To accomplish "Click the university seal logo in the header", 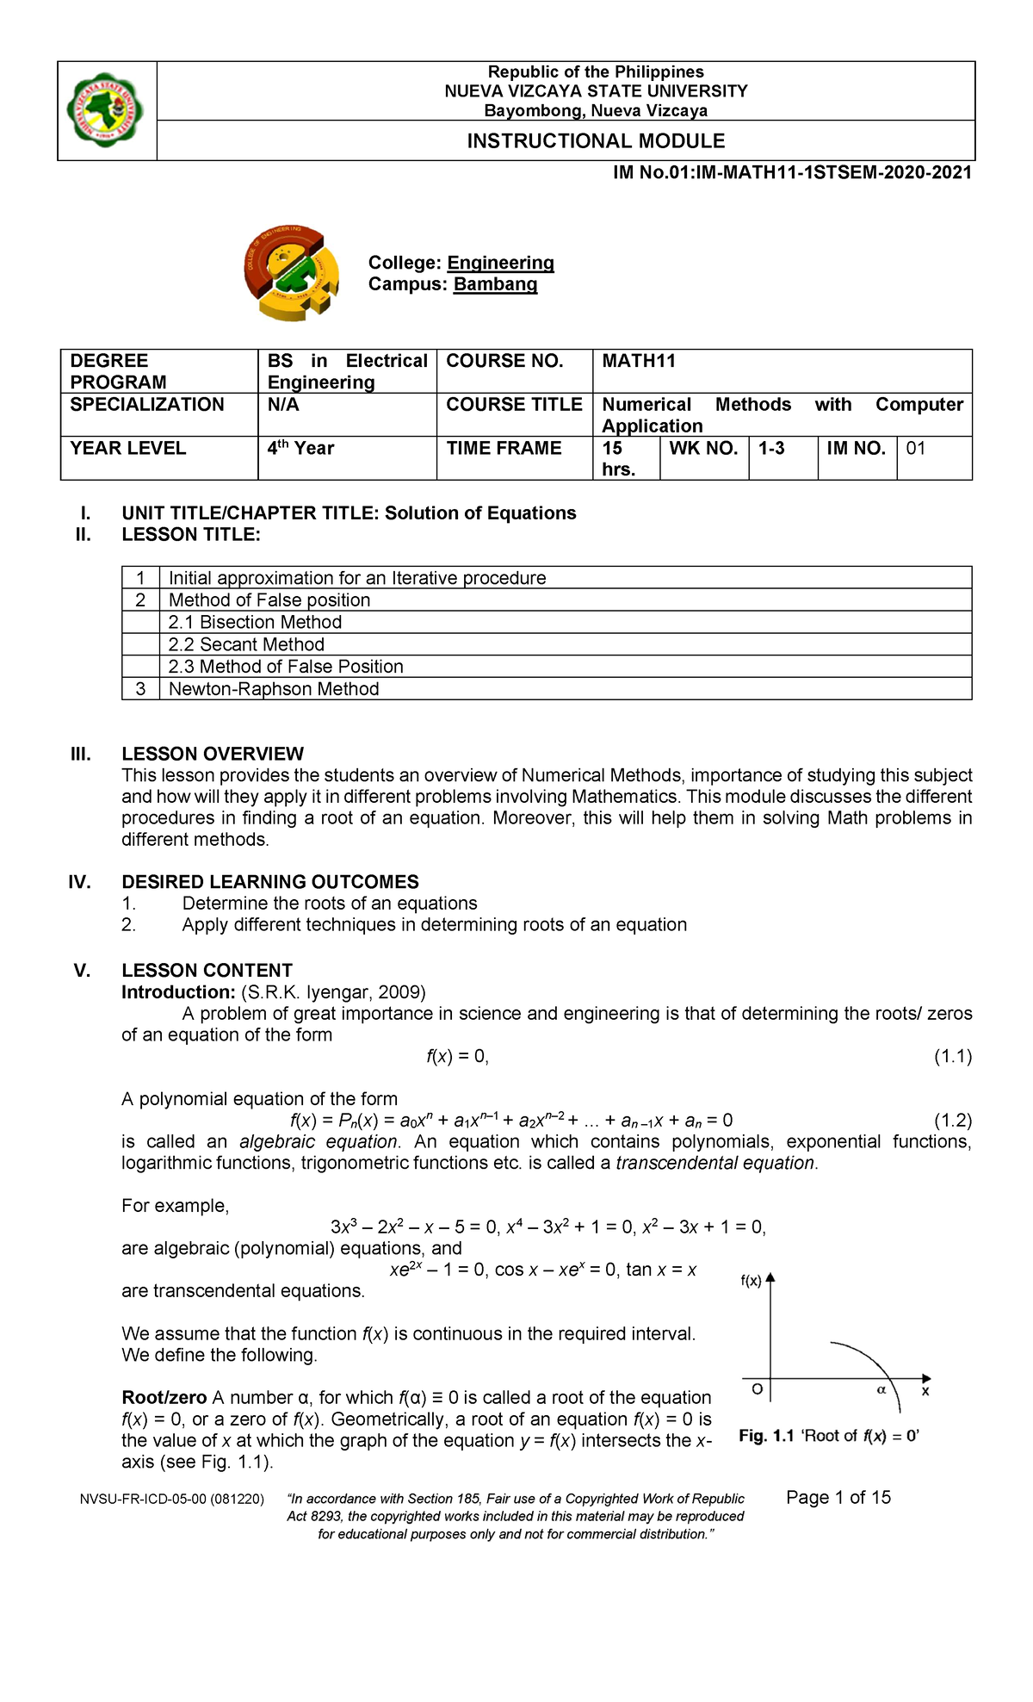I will (106, 110).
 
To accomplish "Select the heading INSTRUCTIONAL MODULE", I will (596, 141).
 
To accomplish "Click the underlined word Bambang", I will (495, 284).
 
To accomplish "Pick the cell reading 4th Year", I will (300, 449).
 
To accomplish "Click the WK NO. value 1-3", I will (771, 449).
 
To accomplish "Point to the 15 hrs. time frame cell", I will (618, 458).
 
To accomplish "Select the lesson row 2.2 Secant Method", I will (246, 644).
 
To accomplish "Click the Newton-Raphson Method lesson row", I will (274, 689).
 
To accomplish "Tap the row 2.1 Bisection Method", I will (255, 622).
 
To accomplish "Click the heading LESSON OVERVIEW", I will (213, 754).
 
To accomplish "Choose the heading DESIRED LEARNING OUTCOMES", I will (270, 882).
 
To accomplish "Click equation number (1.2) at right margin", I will (952, 1121).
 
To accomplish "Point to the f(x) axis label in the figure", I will (751, 1281).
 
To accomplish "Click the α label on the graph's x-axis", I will (881, 1389).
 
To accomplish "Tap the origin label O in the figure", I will (757, 1389).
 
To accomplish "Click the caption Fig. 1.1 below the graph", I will (765, 1436).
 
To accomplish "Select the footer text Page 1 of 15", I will (838, 1497).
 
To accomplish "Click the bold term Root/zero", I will (164, 1397).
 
